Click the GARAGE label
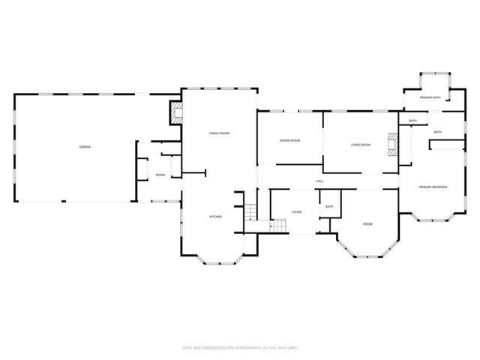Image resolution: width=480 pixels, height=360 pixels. click(x=85, y=146)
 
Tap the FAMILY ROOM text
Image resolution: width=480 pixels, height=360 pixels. click(x=219, y=133)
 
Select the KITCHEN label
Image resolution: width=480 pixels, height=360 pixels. click(x=215, y=217)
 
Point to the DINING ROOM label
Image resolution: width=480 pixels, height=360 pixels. click(x=290, y=140)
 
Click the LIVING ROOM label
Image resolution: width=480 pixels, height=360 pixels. click(x=361, y=144)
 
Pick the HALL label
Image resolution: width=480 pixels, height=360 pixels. click(x=319, y=181)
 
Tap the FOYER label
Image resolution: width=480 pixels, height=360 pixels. click(x=297, y=212)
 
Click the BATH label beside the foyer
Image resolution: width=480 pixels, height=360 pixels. click(x=329, y=206)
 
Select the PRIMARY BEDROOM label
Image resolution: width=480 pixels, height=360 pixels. click(x=433, y=186)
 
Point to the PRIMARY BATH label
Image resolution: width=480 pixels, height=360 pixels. click(x=430, y=97)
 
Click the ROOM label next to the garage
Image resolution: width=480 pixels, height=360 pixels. click(x=160, y=175)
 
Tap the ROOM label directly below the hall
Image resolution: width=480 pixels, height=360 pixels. click(x=368, y=223)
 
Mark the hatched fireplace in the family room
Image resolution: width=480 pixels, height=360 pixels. click(x=177, y=113)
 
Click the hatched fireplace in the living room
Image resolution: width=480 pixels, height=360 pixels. click(x=391, y=143)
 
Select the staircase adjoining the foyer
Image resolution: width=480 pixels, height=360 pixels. click(x=278, y=225)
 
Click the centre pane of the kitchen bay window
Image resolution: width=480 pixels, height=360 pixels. click(x=219, y=262)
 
